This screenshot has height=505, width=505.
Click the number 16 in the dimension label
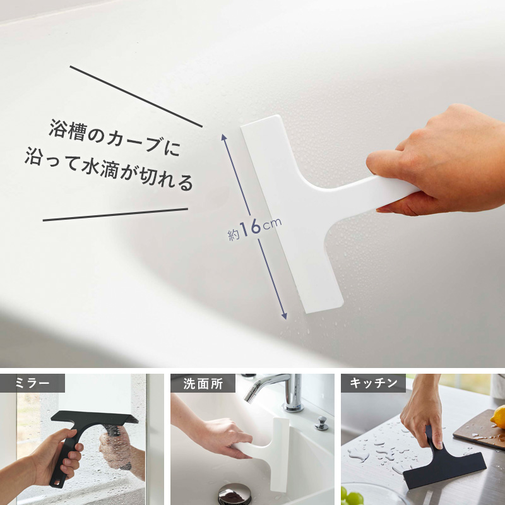pyautogui.click(x=250, y=227)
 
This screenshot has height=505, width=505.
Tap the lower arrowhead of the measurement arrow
pyautogui.click(x=283, y=315)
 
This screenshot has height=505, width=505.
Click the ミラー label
pyautogui.click(x=33, y=383)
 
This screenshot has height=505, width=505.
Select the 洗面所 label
pyautogui.click(x=203, y=383)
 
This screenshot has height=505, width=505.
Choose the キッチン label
pyautogui.click(x=373, y=383)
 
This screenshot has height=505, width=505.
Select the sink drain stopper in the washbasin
pyautogui.click(x=234, y=493)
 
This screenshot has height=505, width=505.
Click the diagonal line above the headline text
pyautogui.click(x=136, y=97)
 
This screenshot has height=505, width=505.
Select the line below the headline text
pyautogui.click(x=116, y=215)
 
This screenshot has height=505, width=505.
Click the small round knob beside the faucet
pyautogui.click(x=321, y=423)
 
